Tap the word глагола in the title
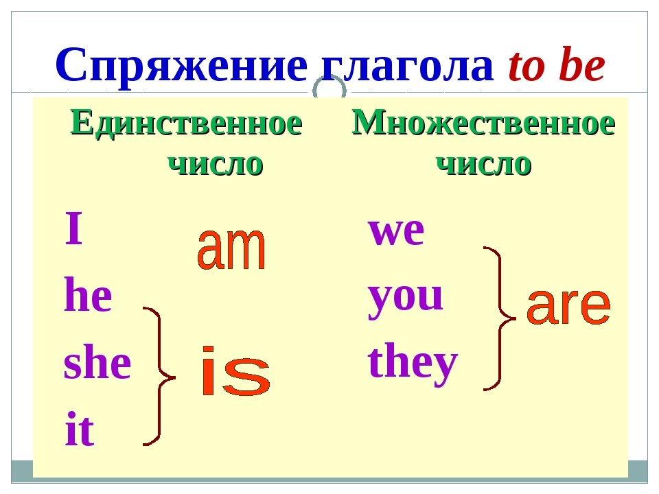click(x=407, y=67)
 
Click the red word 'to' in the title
click(x=527, y=66)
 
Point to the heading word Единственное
click(x=187, y=123)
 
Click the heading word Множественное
click(x=483, y=123)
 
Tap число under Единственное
click(x=216, y=164)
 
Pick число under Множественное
click(x=484, y=164)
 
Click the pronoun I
click(x=73, y=228)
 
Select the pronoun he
click(x=88, y=294)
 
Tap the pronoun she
click(x=97, y=362)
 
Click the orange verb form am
click(x=231, y=248)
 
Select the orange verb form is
click(x=235, y=371)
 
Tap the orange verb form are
click(x=568, y=307)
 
